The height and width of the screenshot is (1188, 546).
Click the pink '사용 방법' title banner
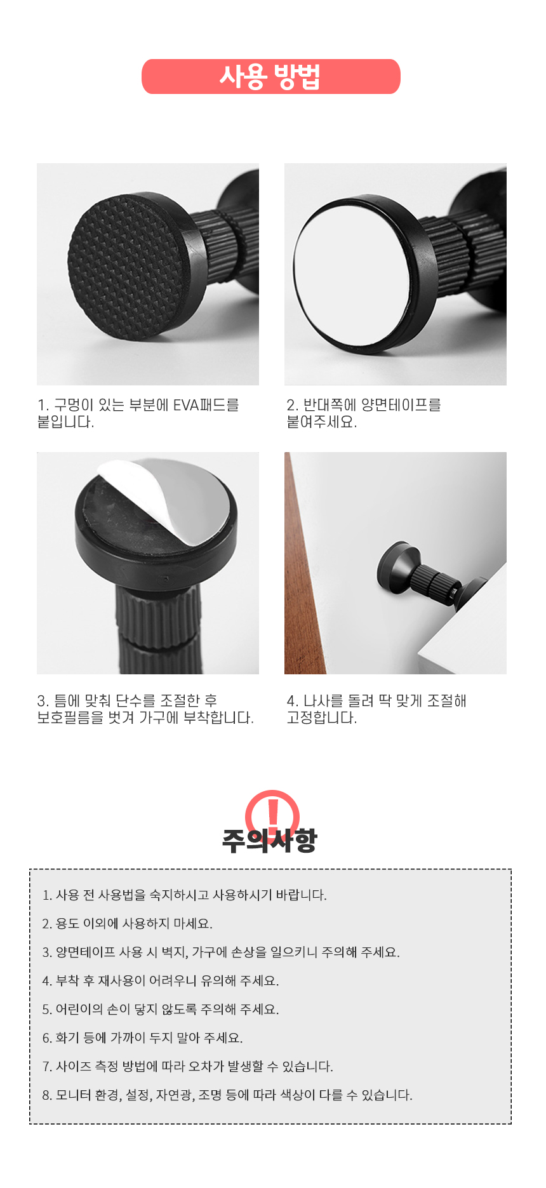[271, 77]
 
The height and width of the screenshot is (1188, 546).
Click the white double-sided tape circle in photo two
[356, 274]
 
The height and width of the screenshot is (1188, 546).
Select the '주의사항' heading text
[269, 840]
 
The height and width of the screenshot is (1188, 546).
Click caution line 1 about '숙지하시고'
[185, 895]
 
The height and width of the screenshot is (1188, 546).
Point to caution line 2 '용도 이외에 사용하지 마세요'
[128, 923]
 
